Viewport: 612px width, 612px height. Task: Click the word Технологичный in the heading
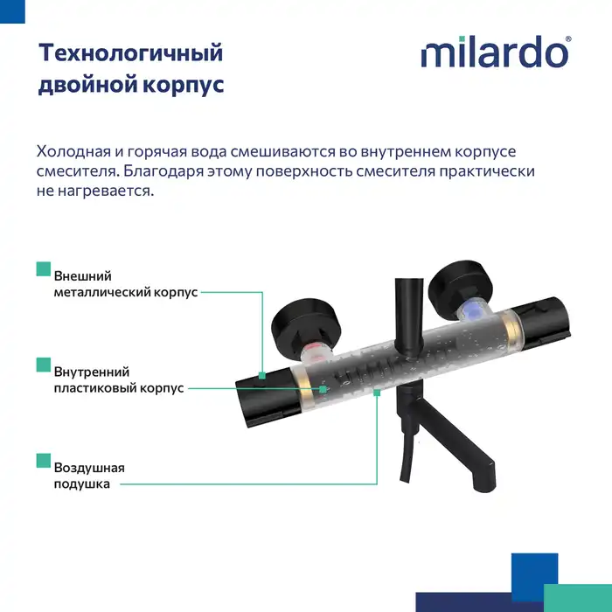click(130, 52)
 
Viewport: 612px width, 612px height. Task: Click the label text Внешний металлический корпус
click(125, 284)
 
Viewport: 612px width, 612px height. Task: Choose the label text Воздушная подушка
click(88, 476)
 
